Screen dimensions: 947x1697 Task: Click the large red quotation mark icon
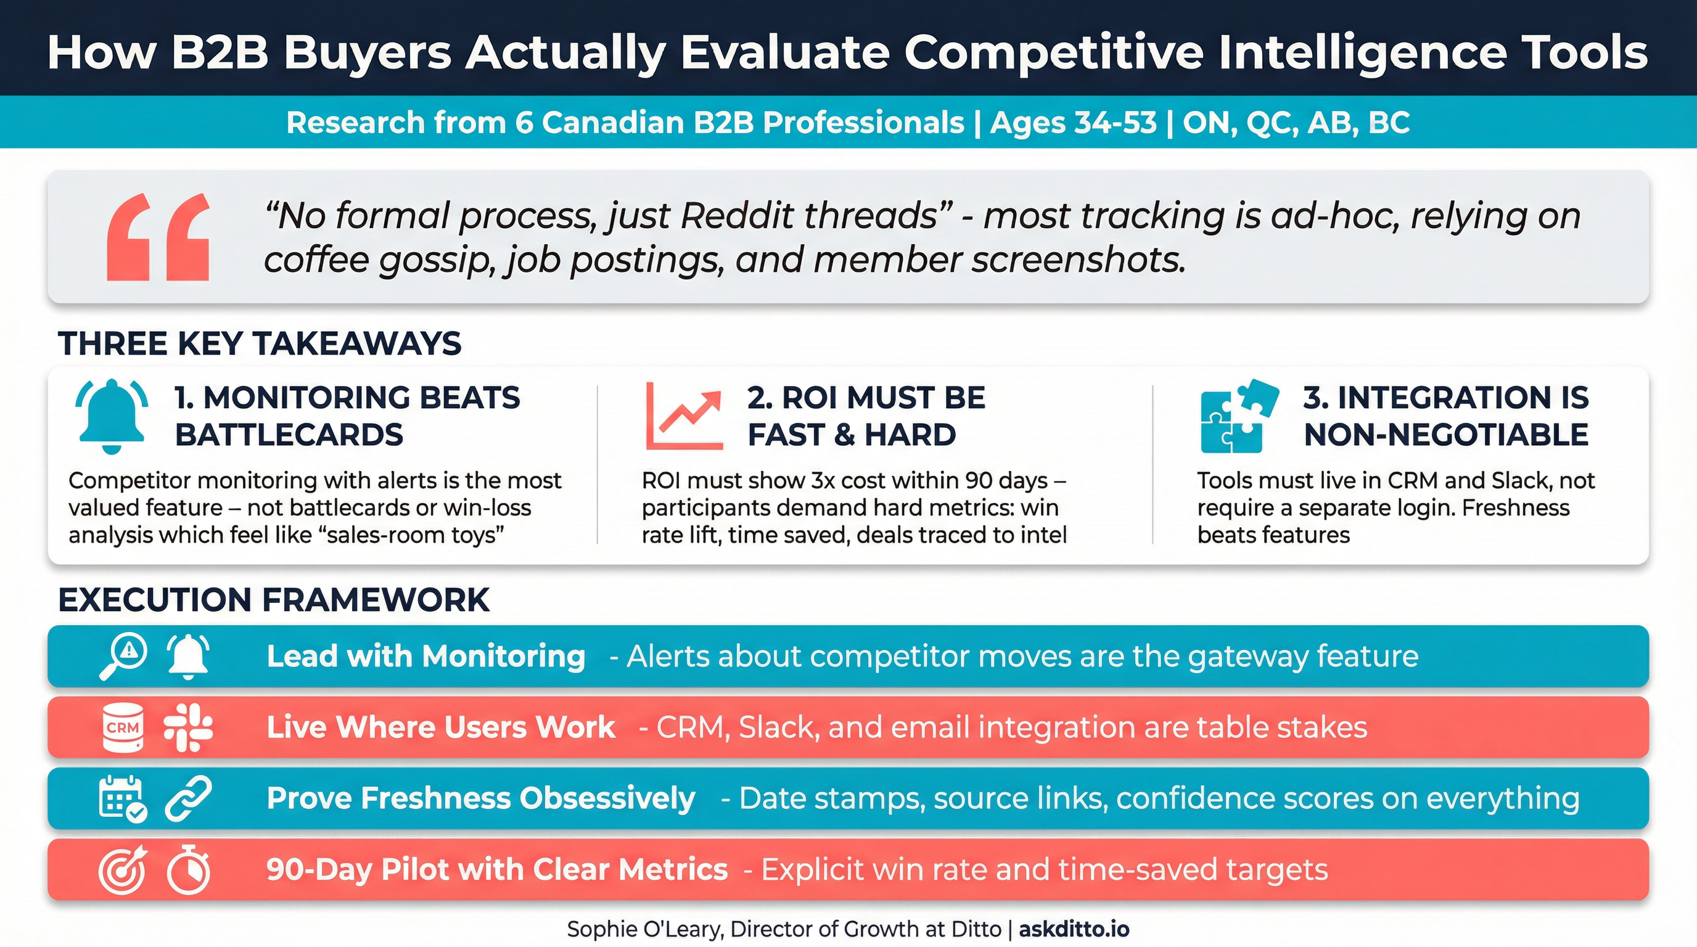click(x=158, y=237)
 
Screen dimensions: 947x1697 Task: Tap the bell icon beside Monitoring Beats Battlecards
click(x=112, y=416)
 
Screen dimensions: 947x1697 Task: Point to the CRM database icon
click(x=123, y=727)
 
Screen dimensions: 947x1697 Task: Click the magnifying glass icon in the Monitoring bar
click(x=123, y=656)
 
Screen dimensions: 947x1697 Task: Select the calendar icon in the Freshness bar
click(x=122, y=798)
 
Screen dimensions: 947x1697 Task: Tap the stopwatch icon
click(x=189, y=869)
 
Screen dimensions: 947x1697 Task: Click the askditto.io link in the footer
click(x=1074, y=929)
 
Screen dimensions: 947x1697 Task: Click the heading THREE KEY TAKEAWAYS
click(x=260, y=344)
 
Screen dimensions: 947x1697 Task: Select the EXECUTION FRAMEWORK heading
click(x=273, y=600)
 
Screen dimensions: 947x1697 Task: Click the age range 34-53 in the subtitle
click(x=1073, y=123)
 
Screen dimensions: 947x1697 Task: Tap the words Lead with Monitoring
click(x=425, y=656)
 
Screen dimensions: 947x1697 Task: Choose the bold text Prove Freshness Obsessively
click(x=481, y=798)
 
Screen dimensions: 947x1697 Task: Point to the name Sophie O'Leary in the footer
click(x=645, y=929)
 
